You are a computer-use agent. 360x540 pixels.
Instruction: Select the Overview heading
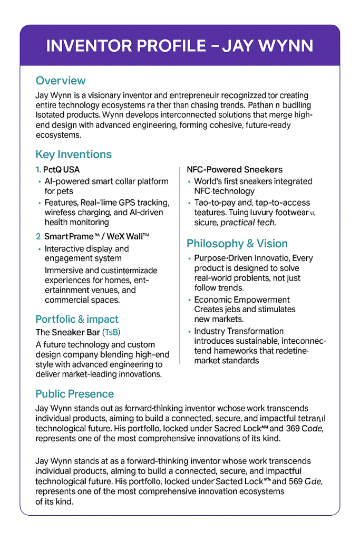(x=60, y=81)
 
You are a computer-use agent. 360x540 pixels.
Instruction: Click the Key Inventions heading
(x=73, y=155)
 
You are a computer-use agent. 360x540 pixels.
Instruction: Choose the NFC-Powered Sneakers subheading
(x=235, y=170)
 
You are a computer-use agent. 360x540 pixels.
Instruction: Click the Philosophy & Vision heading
(x=237, y=244)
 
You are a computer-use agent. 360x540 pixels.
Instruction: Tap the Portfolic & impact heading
(x=77, y=319)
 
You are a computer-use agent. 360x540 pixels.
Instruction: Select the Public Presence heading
(x=74, y=394)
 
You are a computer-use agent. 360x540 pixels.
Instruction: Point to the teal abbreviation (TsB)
(x=111, y=332)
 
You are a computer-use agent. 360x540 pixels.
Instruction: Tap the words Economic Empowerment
(x=242, y=300)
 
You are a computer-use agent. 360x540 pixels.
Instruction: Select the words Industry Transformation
(x=239, y=331)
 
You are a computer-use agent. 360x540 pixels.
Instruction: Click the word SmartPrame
(x=69, y=236)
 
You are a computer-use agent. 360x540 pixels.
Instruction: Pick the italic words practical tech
(x=248, y=223)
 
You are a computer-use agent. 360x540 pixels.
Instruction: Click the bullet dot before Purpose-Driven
(x=189, y=259)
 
